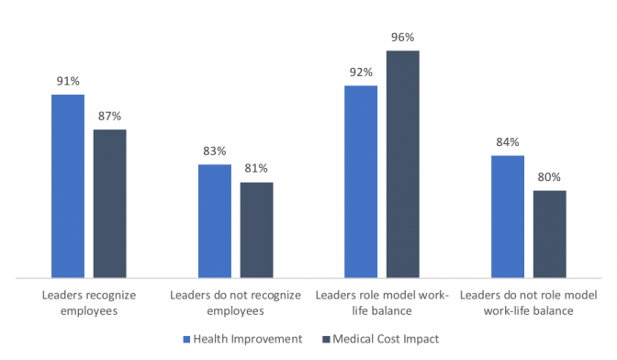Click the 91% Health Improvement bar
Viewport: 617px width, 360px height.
[67, 185]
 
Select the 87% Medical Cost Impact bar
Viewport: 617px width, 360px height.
[109, 202]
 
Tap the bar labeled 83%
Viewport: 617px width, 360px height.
[215, 220]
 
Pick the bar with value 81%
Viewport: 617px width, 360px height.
[256, 229]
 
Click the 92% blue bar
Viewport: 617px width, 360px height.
[361, 181]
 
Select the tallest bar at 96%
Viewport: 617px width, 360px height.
[403, 163]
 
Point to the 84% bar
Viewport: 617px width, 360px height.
[508, 216]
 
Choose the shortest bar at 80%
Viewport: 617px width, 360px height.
[550, 233]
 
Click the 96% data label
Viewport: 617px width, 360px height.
[403, 38]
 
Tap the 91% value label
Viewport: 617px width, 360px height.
[67, 81]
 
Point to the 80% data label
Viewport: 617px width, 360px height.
[550, 177]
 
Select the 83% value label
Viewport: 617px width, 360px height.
[215, 151]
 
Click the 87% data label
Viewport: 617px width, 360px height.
[109, 116]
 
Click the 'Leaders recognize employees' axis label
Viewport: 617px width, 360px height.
[88, 303]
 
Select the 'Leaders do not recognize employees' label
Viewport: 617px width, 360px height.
[235, 303]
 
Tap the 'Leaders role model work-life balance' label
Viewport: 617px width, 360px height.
[382, 303]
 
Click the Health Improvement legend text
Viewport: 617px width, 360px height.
[248, 339]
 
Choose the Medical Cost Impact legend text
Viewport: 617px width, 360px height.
[387, 339]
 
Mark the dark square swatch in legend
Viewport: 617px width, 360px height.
[324, 339]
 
